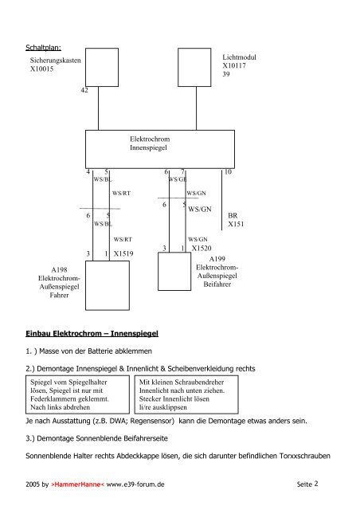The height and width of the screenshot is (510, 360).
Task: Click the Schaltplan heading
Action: click(43, 48)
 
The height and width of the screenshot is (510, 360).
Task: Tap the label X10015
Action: click(41, 69)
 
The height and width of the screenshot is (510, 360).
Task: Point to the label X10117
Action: click(234, 65)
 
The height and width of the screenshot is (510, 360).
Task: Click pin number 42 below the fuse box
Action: click(84, 90)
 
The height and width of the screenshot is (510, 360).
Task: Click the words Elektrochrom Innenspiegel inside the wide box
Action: click(150, 143)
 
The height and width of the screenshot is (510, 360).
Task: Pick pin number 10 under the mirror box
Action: click(228, 172)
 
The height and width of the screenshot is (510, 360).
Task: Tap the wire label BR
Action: click(233, 215)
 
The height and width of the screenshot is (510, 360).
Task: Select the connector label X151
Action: click(236, 224)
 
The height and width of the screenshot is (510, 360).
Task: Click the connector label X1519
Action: click(123, 253)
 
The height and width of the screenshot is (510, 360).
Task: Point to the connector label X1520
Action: click(202, 248)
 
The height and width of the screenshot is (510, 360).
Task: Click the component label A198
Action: click(59, 269)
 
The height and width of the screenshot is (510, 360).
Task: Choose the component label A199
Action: click(217, 259)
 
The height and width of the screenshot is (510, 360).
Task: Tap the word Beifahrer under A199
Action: click(217, 284)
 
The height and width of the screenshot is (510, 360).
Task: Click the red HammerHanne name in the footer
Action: click(78, 484)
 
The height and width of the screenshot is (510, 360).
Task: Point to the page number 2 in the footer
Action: click(316, 484)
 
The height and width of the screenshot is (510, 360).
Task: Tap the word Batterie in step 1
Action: click(100, 351)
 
